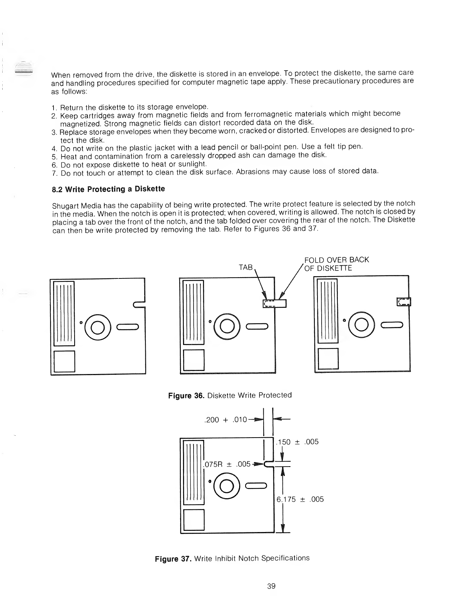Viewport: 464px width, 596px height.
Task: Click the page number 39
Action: tap(271, 586)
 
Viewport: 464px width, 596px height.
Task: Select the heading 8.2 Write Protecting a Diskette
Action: tap(108, 189)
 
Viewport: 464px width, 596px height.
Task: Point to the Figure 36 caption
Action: tap(230, 395)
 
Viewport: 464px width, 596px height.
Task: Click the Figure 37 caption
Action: tap(232, 558)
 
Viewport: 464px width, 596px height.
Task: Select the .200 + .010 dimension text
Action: tap(225, 420)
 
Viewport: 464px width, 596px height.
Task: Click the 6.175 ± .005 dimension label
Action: tap(300, 499)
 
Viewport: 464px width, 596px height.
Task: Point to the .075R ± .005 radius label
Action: tap(227, 464)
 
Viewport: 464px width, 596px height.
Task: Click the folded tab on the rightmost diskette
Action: tap(404, 302)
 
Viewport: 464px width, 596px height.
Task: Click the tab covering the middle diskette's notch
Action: tap(275, 303)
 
